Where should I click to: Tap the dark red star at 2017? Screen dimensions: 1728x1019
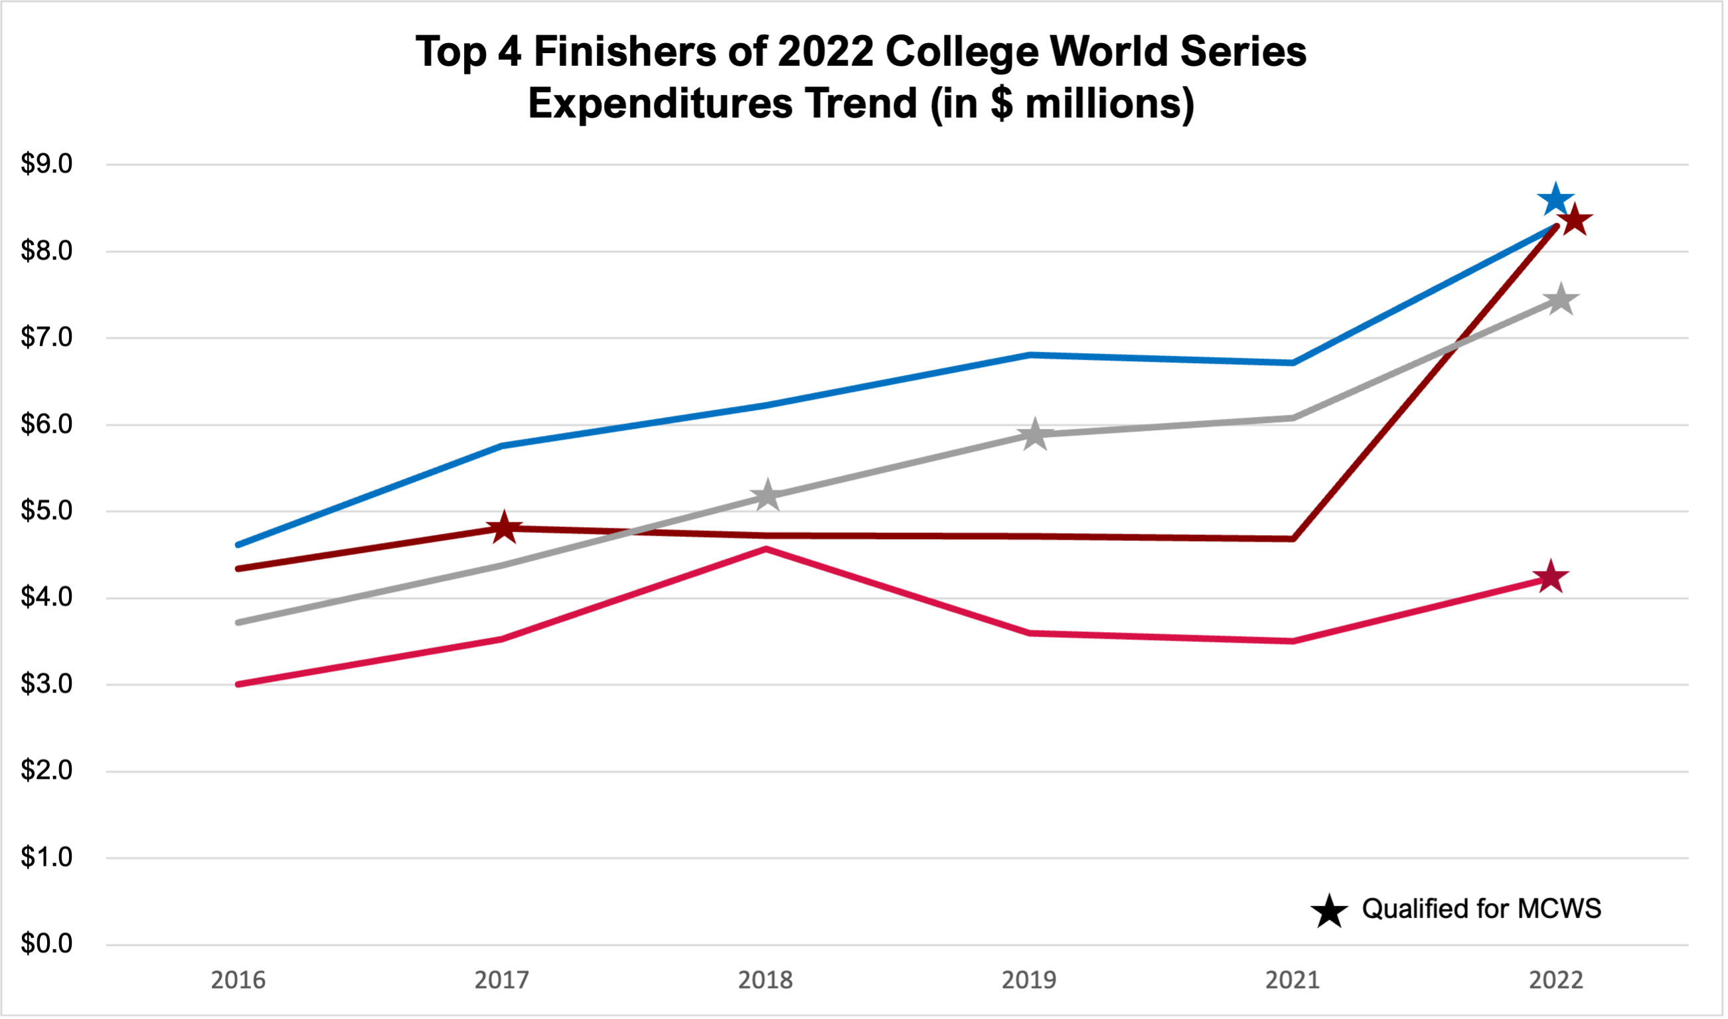click(x=505, y=527)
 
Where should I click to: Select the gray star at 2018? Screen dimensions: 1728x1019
click(x=767, y=495)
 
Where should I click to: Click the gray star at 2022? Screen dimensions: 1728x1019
click(x=1561, y=299)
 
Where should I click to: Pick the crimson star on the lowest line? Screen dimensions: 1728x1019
click(x=1551, y=576)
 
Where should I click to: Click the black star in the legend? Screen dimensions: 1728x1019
click(x=1329, y=911)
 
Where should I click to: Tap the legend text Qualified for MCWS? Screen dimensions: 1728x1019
click(x=1482, y=909)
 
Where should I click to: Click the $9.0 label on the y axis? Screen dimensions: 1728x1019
click(x=46, y=164)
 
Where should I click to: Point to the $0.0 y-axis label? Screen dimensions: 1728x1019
click(x=46, y=944)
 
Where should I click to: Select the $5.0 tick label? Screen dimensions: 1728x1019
click(x=46, y=511)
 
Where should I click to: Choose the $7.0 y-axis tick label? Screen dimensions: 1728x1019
click(x=46, y=337)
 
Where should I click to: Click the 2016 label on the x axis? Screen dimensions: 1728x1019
click(x=238, y=980)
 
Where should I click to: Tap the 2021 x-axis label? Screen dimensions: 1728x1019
click(x=1293, y=980)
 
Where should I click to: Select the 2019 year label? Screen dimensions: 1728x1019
click(x=1029, y=980)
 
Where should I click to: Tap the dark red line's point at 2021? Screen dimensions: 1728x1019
click(x=1293, y=539)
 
